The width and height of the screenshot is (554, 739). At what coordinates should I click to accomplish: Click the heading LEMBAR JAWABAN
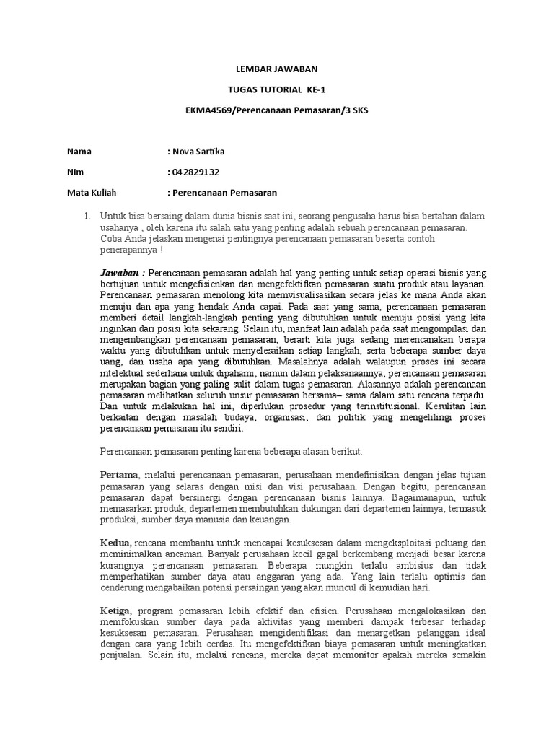[x=277, y=69]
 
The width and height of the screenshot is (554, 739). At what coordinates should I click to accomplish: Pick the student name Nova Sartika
[x=197, y=152]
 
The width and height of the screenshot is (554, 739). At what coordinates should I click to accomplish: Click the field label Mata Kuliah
[x=92, y=193]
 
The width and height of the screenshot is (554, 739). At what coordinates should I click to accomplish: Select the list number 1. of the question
[x=86, y=216]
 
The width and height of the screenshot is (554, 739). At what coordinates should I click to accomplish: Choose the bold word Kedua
[x=115, y=542]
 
